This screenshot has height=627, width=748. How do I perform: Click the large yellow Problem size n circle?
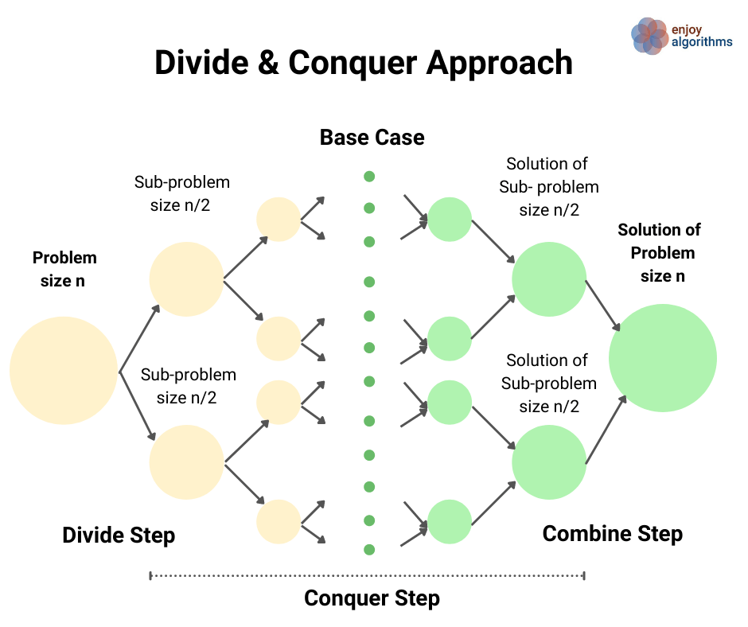(64, 370)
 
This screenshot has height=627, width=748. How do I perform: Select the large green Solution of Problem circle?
(663, 358)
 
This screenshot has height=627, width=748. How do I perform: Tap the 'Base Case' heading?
(372, 138)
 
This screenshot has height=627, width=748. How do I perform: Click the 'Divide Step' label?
(119, 535)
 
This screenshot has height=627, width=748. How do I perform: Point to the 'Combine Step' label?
(613, 534)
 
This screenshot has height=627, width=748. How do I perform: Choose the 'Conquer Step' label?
(372, 598)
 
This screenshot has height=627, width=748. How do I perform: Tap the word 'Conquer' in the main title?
(353, 64)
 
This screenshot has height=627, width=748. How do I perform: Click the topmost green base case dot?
(369, 177)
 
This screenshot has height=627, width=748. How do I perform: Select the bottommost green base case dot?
(369, 550)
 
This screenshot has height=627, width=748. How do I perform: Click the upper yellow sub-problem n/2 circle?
(186, 279)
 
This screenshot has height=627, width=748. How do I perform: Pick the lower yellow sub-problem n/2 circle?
(186, 462)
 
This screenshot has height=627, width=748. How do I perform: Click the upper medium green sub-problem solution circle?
(549, 279)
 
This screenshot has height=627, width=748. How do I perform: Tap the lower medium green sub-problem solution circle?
(549, 462)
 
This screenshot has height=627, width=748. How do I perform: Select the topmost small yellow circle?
(279, 220)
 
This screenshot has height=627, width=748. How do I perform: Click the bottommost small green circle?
(450, 522)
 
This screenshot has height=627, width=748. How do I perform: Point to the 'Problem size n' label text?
(64, 269)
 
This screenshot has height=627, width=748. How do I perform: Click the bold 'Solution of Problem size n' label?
(660, 253)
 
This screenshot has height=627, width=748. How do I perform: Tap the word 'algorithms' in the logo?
(702, 42)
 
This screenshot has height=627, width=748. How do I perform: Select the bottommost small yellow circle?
(279, 522)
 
